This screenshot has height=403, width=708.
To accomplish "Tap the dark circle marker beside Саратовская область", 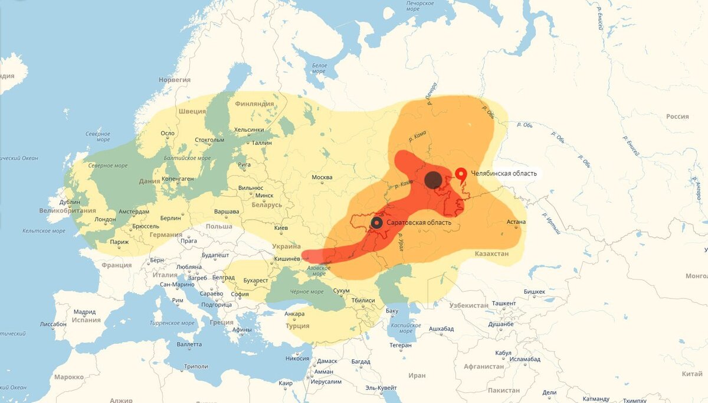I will click(x=377, y=223).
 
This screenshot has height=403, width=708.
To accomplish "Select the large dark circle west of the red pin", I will click(x=434, y=180).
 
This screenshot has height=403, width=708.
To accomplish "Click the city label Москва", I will click(x=322, y=177).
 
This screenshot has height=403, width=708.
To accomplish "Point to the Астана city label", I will click(x=516, y=222).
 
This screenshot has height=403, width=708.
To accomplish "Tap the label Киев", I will click(x=281, y=227).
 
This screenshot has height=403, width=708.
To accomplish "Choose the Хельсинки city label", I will click(x=248, y=130).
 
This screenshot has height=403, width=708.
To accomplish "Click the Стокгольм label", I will click(x=209, y=140).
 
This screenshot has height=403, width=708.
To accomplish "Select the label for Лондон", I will click(x=106, y=219).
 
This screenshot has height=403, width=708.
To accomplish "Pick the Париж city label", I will click(x=119, y=242).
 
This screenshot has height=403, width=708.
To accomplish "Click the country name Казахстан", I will click(x=491, y=253).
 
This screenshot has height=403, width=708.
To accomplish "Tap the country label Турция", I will click(x=297, y=326).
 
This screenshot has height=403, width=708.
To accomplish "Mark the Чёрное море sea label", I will click(x=307, y=292).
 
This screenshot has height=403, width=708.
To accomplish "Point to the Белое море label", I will click(x=319, y=68).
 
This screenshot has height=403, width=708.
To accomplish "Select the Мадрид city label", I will click(x=84, y=312).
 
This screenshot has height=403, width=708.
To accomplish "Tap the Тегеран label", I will click(x=401, y=345).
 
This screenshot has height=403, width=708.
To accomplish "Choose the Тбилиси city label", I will click(x=363, y=300).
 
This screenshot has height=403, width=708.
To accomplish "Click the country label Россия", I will click(x=677, y=116).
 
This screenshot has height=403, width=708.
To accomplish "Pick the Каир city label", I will click(x=286, y=383).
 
